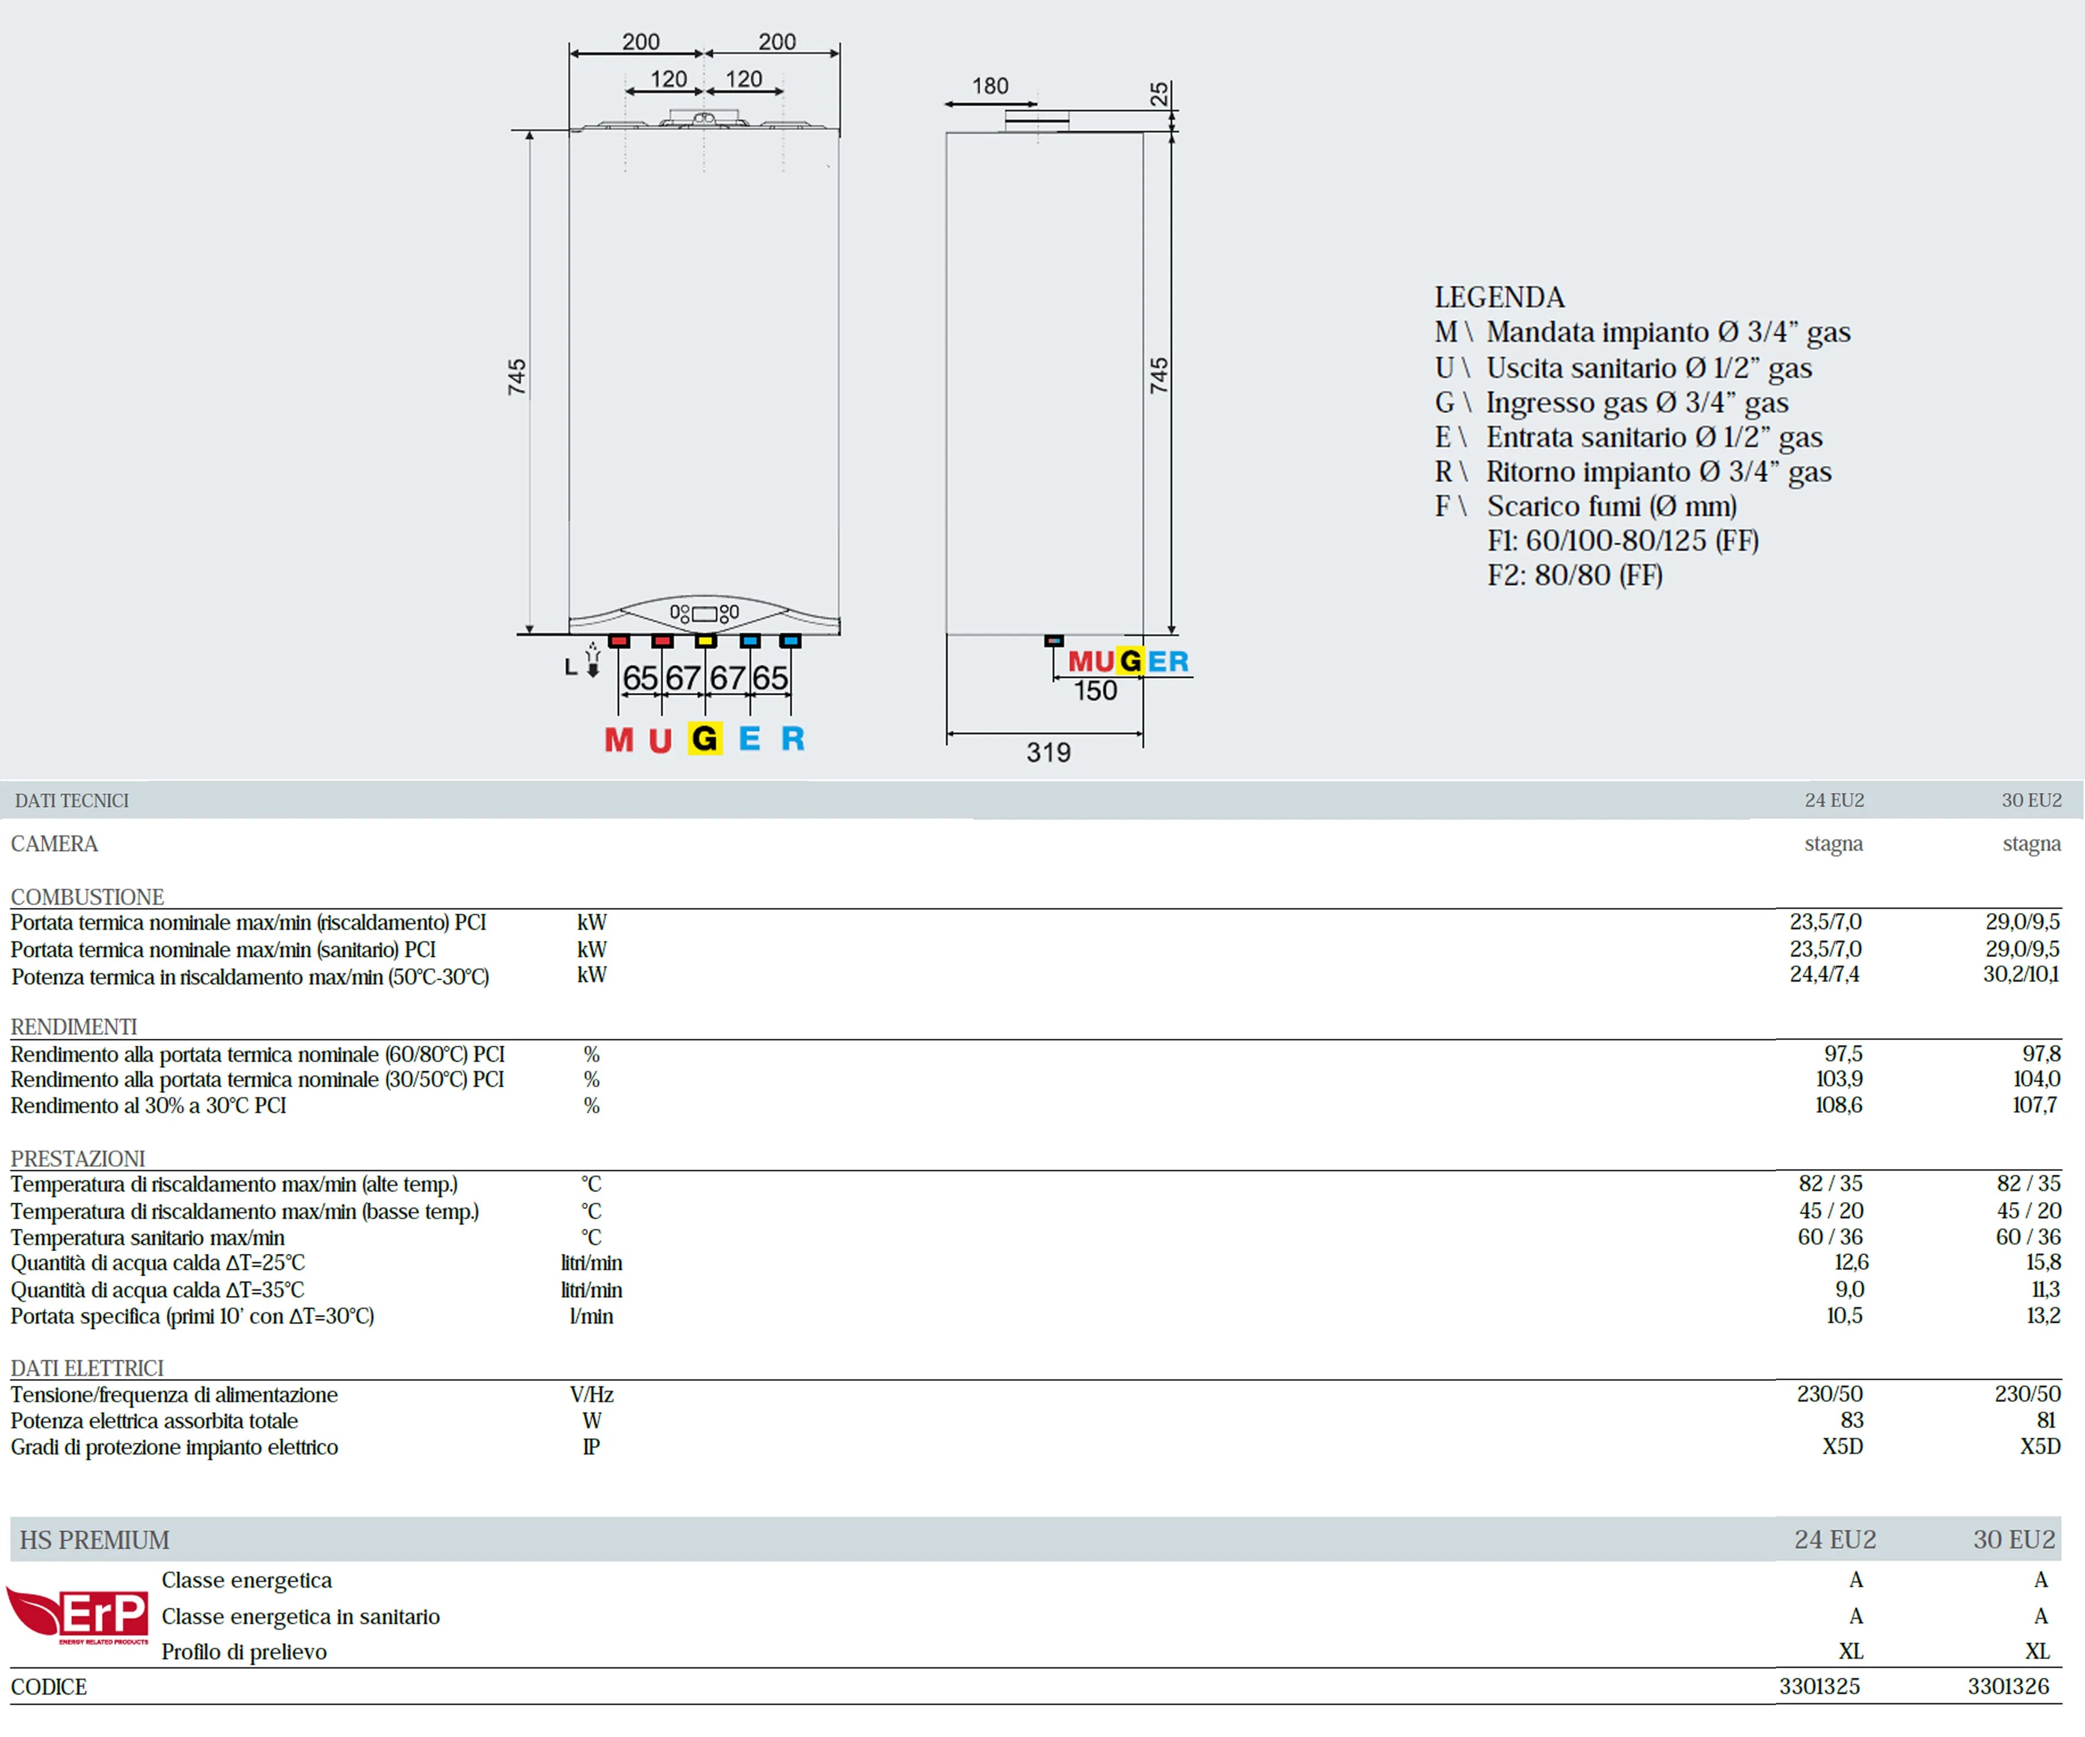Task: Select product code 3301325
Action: click(x=1819, y=1685)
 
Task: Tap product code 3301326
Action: click(x=2007, y=1685)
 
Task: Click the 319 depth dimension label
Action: click(x=1048, y=752)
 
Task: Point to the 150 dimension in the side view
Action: click(x=1095, y=691)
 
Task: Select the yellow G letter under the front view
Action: click(x=705, y=738)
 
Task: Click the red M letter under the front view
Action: click(x=619, y=739)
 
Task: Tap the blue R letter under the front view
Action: click(x=792, y=738)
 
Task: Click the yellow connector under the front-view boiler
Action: click(x=705, y=641)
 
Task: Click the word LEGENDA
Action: click(x=1498, y=297)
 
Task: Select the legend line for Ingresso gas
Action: click(x=1611, y=402)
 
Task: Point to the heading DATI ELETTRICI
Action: click(x=87, y=1368)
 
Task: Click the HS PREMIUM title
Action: click(x=94, y=1540)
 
